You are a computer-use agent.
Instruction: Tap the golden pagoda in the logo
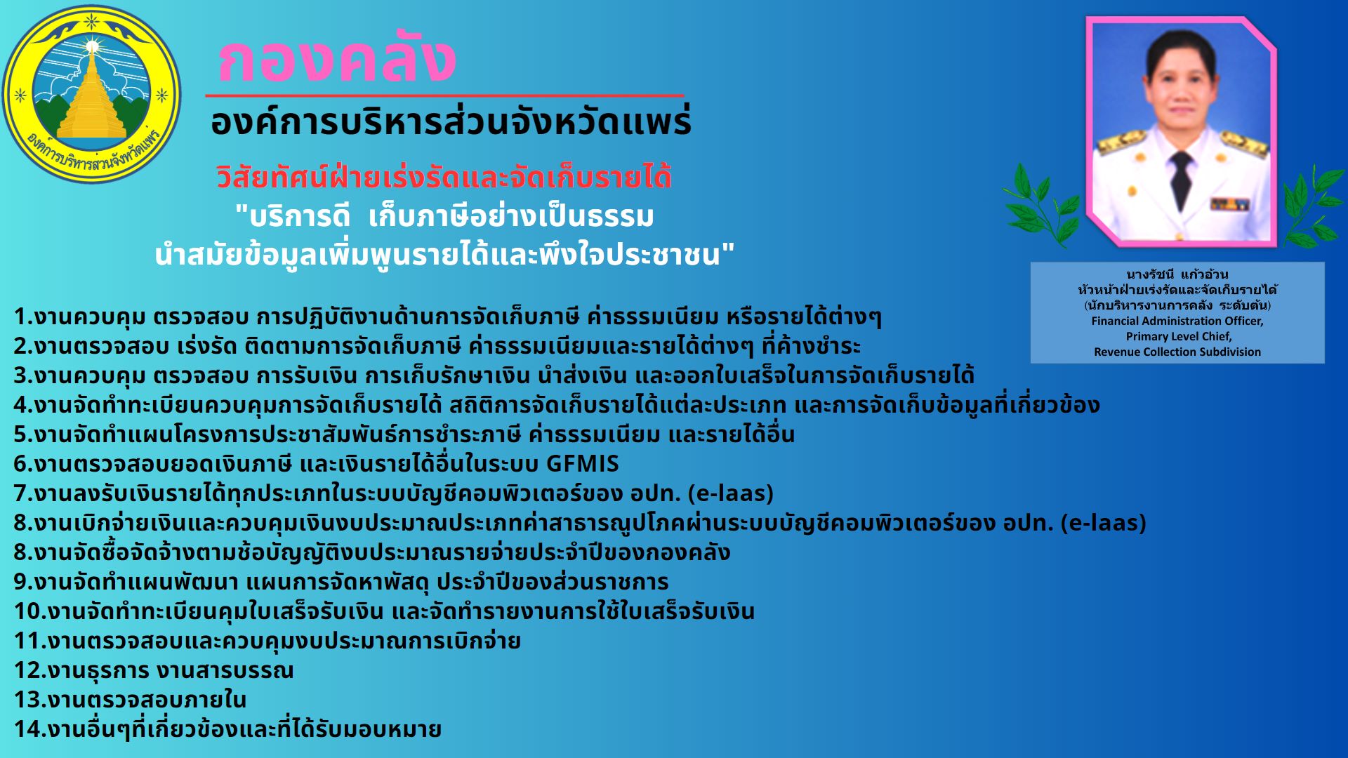coord(92,95)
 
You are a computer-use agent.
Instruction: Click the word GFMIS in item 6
coord(583,464)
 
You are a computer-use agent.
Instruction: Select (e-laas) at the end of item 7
coord(730,493)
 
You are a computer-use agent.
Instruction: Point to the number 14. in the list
coord(29,729)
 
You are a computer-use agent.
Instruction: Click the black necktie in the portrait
coord(1182,179)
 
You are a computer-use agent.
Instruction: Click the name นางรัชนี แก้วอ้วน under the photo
coord(1177,274)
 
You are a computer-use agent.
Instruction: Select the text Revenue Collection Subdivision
coord(1177,352)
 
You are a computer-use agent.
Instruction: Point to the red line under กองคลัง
coord(444,95)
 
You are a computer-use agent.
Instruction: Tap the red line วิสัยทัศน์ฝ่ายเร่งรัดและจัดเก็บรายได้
coord(444,177)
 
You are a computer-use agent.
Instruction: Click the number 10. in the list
coord(29,611)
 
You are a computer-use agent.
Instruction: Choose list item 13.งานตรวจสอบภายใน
coord(130,700)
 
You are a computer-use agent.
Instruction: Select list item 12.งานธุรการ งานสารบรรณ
coord(154,670)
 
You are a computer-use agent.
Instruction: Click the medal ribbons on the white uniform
coord(1229,204)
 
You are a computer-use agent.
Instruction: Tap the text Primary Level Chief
coord(1178,336)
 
